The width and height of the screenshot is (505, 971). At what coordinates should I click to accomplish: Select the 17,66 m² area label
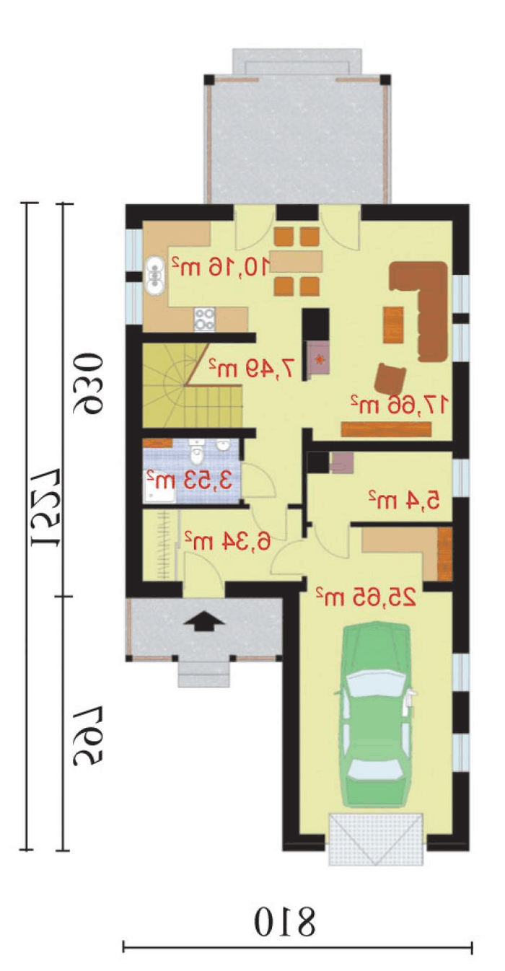[x=399, y=405]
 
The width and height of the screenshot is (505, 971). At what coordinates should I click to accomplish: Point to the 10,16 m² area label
[x=221, y=266]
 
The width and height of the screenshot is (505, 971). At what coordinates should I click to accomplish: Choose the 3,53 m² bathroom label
[x=189, y=480]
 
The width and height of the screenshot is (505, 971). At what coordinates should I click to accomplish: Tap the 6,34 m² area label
[x=227, y=540]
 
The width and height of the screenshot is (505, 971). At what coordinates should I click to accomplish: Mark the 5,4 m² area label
[x=404, y=499]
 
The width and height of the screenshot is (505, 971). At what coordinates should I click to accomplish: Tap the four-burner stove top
[x=205, y=319]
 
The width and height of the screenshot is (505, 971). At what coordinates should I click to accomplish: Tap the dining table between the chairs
[x=297, y=261]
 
